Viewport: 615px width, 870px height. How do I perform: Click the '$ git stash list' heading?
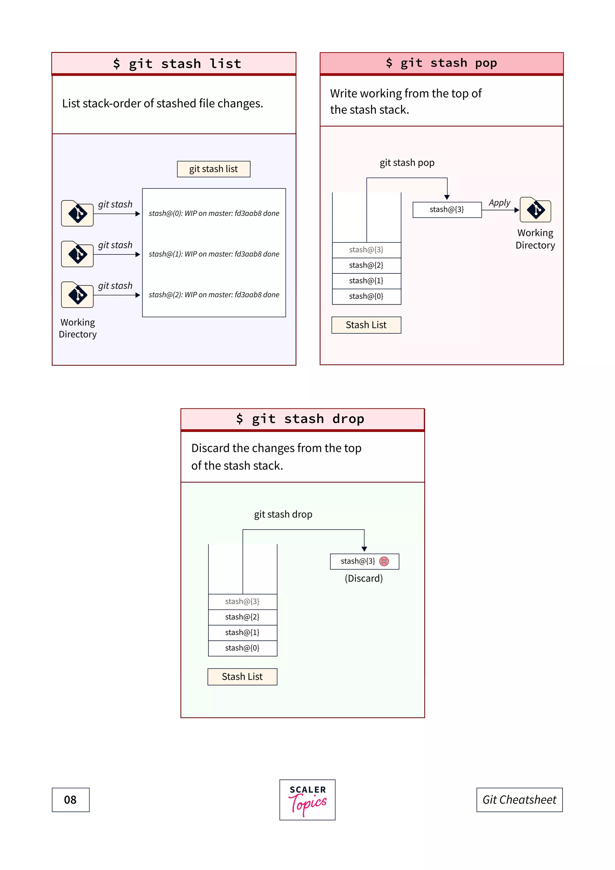coord(177,64)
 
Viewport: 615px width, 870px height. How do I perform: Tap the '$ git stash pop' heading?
coord(441,63)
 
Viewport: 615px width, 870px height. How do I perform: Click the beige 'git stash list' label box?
coord(214,169)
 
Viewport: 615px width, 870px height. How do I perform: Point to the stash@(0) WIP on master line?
coord(214,213)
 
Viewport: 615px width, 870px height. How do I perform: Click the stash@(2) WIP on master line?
coord(214,295)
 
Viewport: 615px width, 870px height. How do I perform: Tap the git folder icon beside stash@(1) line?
coord(77,254)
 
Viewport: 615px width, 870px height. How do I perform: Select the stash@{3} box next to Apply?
coord(447,210)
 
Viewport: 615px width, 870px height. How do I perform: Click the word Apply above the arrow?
coord(499,203)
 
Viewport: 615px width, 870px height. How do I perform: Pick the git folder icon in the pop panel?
coord(535,210)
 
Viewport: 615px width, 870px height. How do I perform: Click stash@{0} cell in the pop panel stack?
coord(366,296)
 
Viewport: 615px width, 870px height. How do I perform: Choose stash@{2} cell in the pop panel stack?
coord(366,265)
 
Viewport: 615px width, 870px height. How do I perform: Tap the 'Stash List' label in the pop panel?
coord(366,325)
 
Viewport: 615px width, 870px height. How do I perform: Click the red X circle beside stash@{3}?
coord(384,561)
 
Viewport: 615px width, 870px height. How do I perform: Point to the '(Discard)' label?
coord(364,579)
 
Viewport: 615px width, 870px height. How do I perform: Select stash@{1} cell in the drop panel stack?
coord(242,632)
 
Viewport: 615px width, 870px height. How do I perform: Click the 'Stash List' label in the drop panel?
coord(242,677)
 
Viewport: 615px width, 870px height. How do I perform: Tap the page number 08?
coord(71,800)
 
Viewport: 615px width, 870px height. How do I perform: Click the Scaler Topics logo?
coord(307,799)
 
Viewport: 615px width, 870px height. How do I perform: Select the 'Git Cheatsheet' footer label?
coord(519,800)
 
